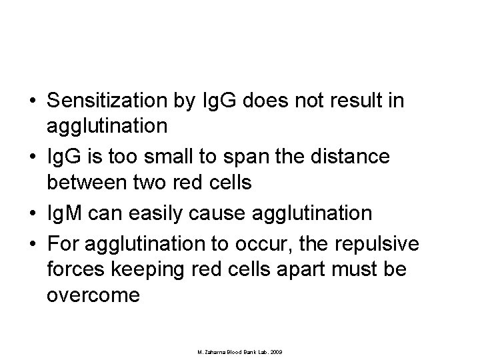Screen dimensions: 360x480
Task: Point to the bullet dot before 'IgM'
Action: tap(32, 215)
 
